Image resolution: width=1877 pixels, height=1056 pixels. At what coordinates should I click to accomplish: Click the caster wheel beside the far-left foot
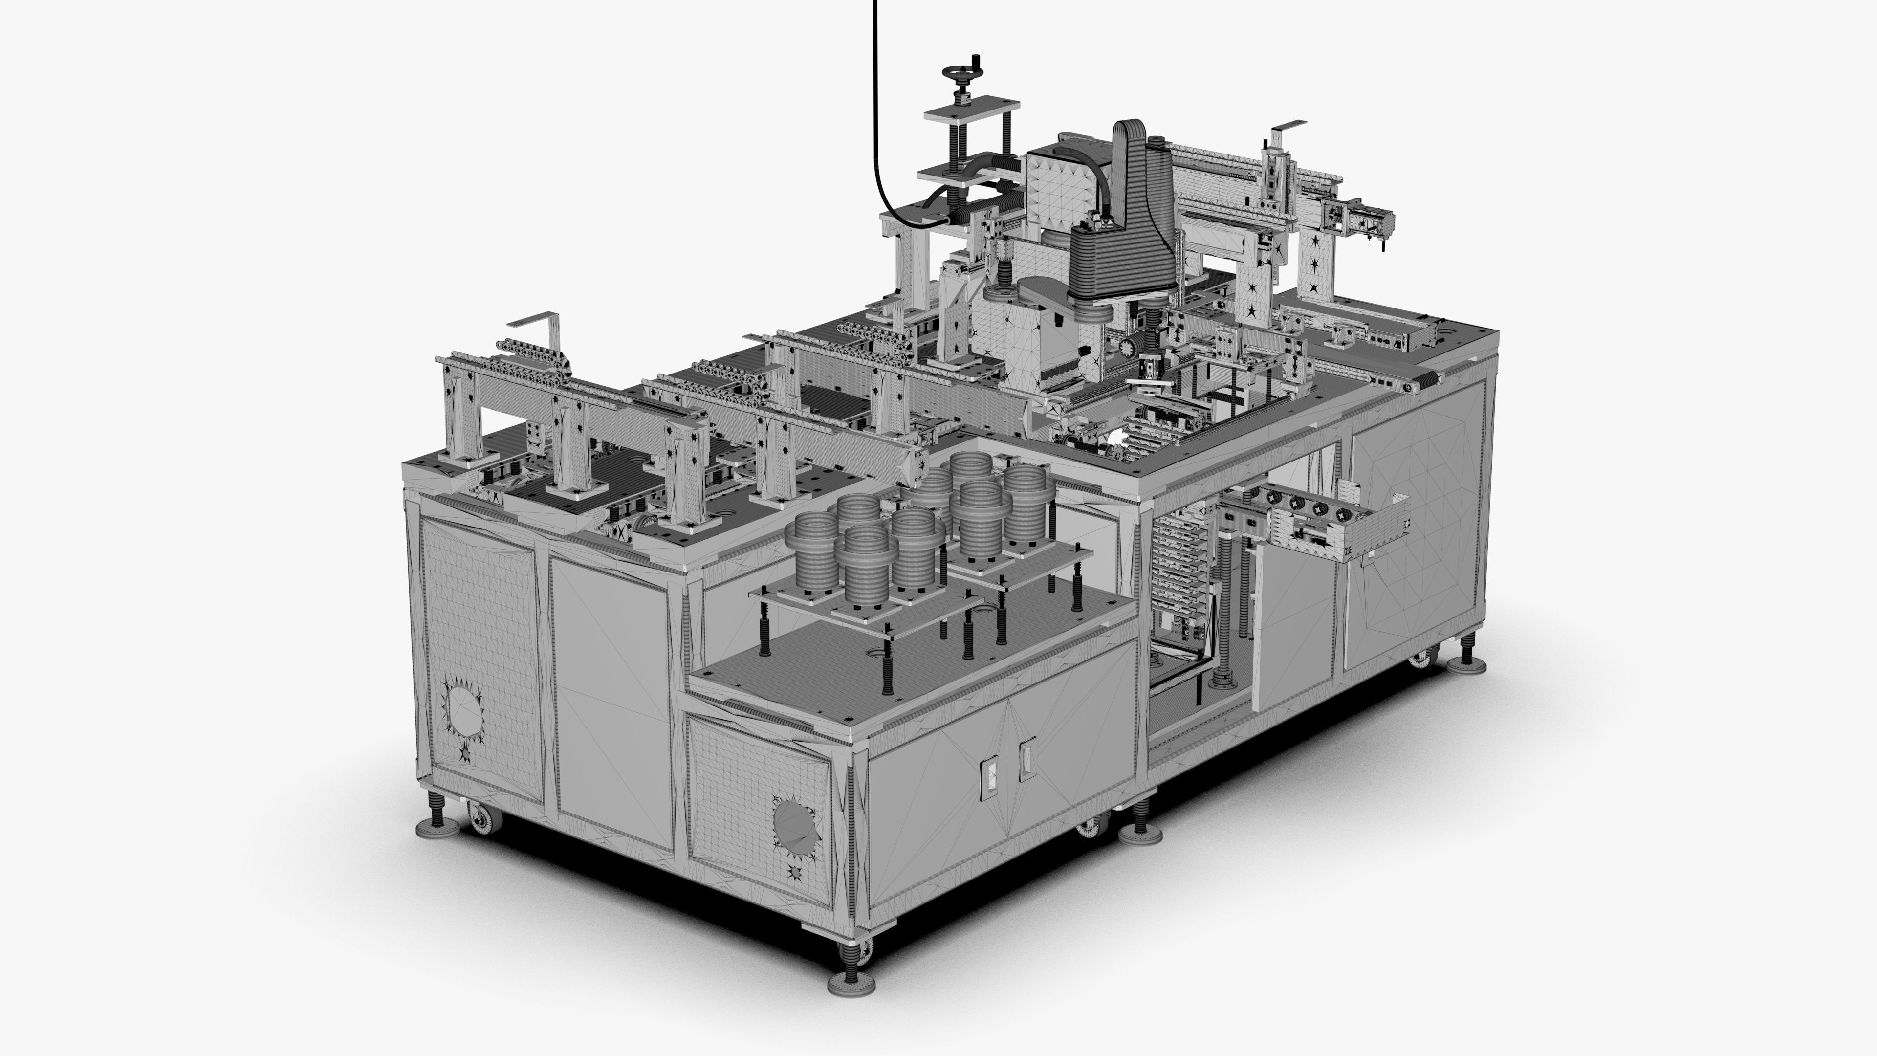pyautogui.click(x=483, y=820)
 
